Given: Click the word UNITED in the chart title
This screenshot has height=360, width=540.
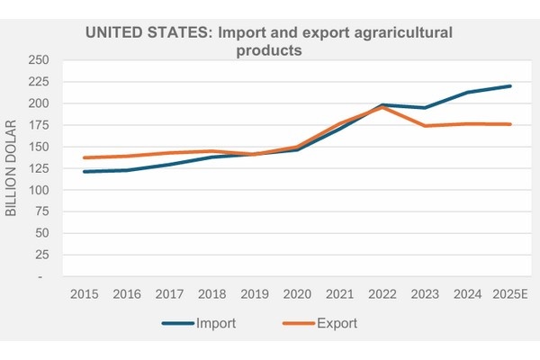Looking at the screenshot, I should coord(114,33).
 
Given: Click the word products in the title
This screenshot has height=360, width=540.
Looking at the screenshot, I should coord(267,50).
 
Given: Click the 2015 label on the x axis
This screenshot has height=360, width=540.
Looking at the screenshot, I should coord(84,294).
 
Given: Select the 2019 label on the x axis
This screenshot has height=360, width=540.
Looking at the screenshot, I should coord(254,294).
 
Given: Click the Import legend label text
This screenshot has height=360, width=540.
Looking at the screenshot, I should coord(215,322).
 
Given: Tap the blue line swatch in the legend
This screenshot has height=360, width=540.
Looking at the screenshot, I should coord(178,322).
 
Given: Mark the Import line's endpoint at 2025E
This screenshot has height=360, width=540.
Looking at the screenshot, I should coord(510,86).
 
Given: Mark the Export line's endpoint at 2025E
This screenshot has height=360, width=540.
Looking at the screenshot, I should coord(510,124).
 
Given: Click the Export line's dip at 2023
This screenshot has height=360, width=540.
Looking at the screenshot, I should coord(424,126).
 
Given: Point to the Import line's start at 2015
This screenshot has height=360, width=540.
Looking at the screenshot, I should coord(84,171).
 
